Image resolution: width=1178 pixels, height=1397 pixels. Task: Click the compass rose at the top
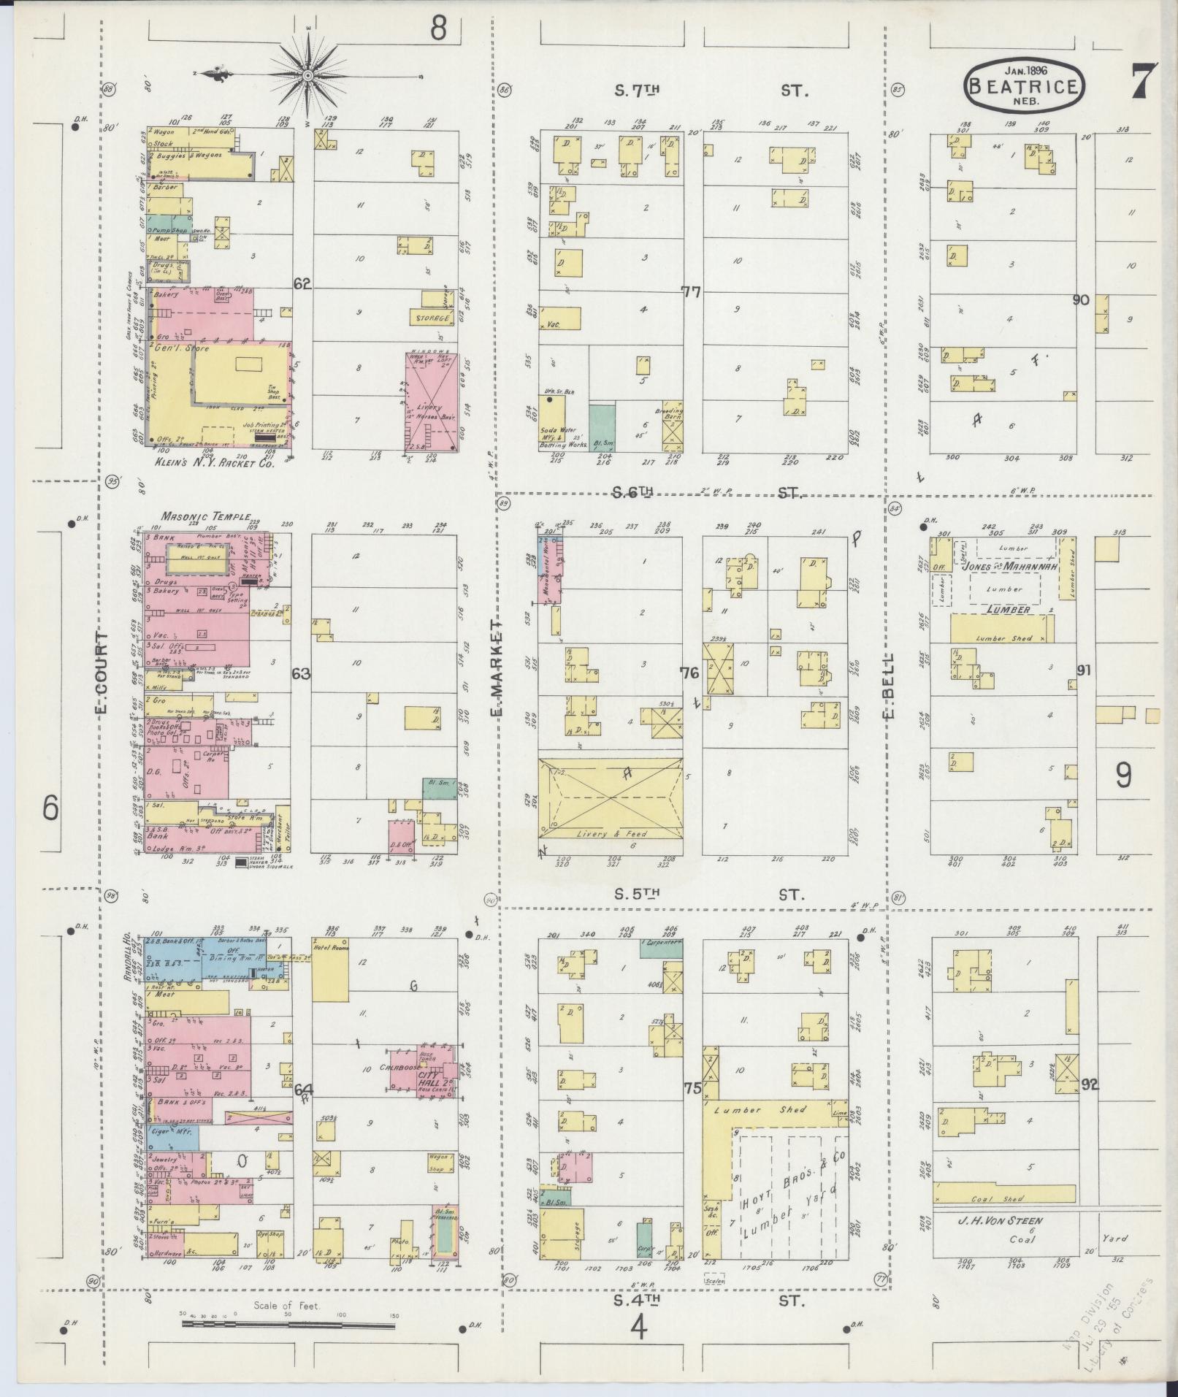pos(308,74)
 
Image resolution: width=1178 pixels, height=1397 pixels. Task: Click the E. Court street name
pos(102,673)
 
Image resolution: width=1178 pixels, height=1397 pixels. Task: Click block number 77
pos(691,293)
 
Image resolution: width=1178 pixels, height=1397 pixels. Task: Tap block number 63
pos(300,673)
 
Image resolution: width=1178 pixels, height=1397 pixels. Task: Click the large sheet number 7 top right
pos(1143,82)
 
